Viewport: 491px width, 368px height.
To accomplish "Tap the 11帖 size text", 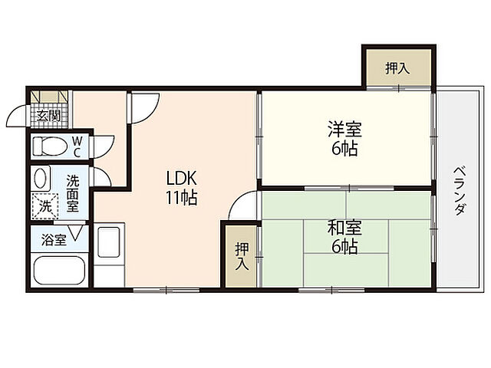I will coord(181,198).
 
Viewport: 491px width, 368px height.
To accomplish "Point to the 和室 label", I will coord(344,228).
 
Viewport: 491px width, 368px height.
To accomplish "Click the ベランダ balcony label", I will coord(458,189).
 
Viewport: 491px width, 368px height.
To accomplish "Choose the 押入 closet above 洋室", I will coord(397,68).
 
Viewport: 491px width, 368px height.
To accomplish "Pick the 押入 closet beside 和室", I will coord(241,256).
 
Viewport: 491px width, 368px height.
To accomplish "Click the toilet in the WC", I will coord(52,146).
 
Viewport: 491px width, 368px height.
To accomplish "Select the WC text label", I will coord(78,146).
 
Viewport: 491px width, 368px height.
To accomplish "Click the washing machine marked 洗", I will coord(45,205).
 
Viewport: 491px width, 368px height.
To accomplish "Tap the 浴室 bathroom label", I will coord(53,238).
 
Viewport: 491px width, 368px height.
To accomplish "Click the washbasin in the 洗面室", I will coord(42,178).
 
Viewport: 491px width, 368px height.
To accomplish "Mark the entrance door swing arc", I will coord(18,116).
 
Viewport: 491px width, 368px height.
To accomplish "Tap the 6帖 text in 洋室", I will coord(344,149).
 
